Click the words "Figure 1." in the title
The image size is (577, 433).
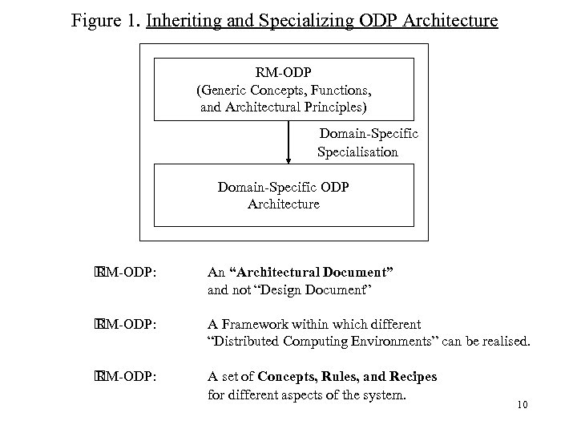click(105, 19)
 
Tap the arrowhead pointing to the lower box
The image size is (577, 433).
click(288, 160)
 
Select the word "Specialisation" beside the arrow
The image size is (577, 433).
click(357, 152)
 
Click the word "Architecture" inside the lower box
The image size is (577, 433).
click(284, 204)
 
